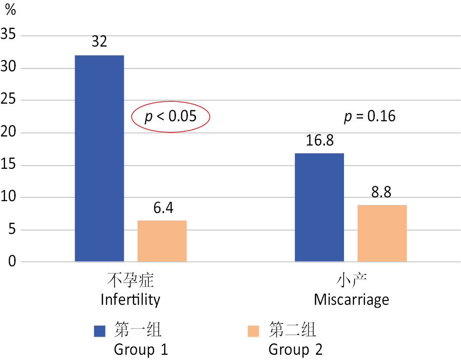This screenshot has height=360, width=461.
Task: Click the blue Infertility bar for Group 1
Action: [x=99, y=158]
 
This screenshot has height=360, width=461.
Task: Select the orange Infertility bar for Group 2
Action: [x=162, y=241]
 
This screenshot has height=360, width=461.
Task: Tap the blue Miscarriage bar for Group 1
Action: [x=319, y=207]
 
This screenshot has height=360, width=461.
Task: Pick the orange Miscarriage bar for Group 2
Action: [x=382, y=233]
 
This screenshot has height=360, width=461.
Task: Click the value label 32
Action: [x=99, y=42]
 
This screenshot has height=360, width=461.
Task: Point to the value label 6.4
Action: [x=162, y=208]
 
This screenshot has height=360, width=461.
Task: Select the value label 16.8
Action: [x=319, y=141]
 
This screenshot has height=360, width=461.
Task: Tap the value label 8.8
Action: [x=382, y=192]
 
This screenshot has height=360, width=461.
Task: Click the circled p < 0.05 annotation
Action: [x=170, y=116]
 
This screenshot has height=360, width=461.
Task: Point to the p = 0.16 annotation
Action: [x=370, y=116]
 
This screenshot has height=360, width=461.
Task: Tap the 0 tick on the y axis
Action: [x=12, y=262]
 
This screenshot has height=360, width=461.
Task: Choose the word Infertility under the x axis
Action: [x=130, y=300]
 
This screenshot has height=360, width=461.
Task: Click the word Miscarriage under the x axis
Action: [x=351, y=300]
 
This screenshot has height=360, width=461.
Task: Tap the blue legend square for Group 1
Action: [x=99, y=331]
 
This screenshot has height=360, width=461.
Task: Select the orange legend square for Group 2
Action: [x=254, y=331]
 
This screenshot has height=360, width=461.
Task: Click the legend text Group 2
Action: [x=295, y=350]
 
